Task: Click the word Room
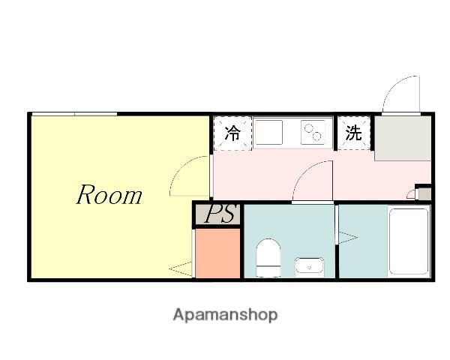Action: point(109,195)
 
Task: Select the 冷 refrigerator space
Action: point(232,133)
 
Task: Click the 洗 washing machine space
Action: point(354,133)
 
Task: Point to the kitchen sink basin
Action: point(269,132)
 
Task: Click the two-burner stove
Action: point(313,132)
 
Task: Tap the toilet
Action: point(268,258)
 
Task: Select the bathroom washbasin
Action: point(310,267)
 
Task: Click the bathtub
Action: point(409,241)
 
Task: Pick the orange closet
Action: point(217,253)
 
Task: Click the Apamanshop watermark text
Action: point(225,315)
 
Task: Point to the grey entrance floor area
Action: point(403,138)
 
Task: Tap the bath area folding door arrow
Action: point(348,238)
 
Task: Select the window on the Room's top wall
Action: point(74,114)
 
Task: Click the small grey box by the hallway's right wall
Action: point(424,193)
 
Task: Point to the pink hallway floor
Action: point(287,175)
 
